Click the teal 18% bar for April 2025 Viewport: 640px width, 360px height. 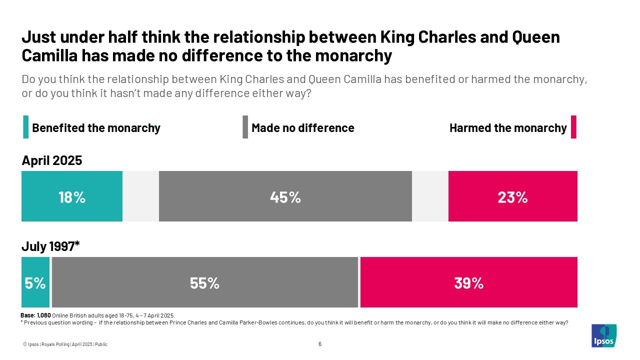click(x=72, y=196)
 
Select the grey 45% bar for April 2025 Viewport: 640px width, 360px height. click(x=285, y=196)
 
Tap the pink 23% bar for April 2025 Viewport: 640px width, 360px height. click(x=512, y=196)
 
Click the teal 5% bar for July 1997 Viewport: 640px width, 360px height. click(x=35, y=282)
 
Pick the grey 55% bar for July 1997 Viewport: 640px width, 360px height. click(x=204, y=282)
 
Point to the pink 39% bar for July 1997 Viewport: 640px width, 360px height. click(x=468, y=282)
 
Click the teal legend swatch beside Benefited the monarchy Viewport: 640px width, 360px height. click(x=25, y=127)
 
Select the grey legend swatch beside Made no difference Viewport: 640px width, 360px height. click(x=245, y=127)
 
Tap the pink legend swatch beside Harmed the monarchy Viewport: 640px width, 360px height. click(x=573, y=127)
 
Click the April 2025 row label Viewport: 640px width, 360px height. click(x=51, y=160)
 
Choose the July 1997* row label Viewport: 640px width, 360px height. click(x=50, y=246)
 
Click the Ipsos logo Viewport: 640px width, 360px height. click(x=603, y=335)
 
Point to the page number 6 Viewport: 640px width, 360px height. click(x=320, y=344)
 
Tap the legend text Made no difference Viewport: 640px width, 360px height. click(x=302, y=128)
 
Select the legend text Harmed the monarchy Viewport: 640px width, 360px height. click(x=508, y=128)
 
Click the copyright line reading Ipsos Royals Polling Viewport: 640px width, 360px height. click(x=65, y=344)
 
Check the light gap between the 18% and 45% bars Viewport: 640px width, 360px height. click(x=140, y=196)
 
